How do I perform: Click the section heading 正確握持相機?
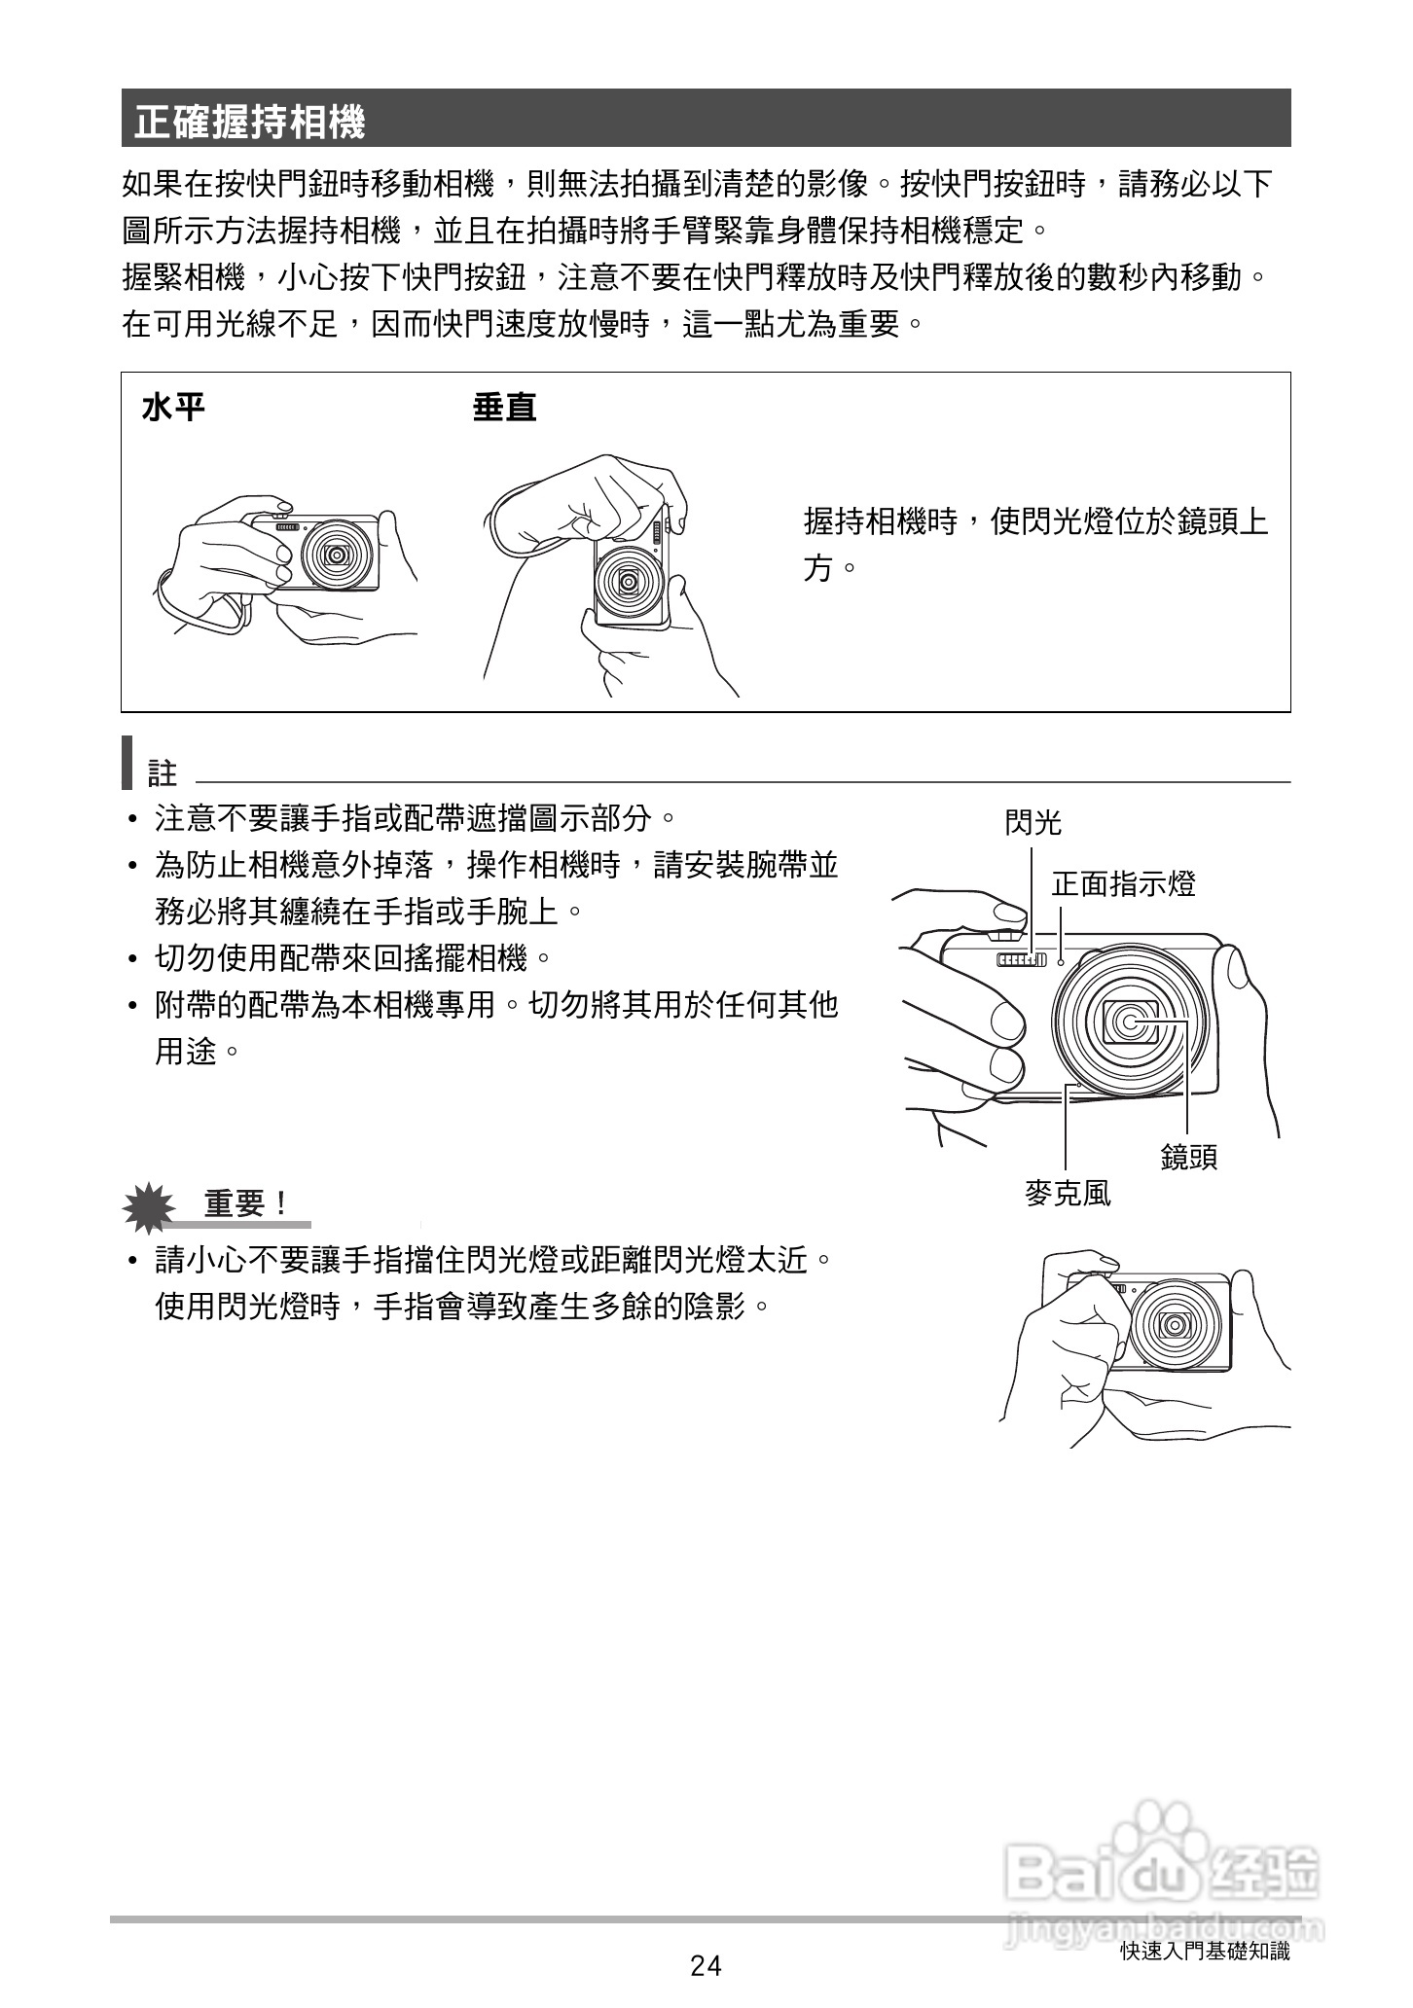250,122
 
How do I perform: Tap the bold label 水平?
173,408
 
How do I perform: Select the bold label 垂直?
504,408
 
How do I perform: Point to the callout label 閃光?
1033,823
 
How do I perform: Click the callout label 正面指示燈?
1123,883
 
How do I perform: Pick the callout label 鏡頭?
1188,1157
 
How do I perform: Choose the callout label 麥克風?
1068,1194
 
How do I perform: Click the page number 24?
706,1966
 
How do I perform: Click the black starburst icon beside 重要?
149,1206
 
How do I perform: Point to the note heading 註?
163,773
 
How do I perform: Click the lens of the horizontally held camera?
337,555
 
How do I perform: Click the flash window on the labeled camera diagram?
1021,961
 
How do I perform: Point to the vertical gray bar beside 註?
127,764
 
